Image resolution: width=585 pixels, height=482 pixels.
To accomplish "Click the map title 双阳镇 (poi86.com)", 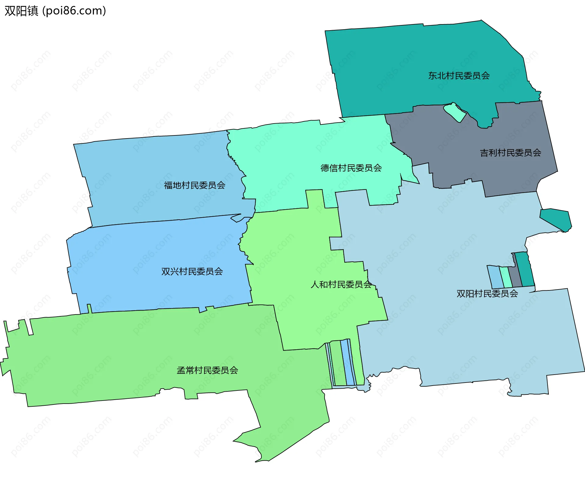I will click(55, 11).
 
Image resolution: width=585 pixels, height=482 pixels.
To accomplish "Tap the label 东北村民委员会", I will click(459, 76).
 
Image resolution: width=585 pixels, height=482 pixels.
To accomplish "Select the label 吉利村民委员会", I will click(510, 153).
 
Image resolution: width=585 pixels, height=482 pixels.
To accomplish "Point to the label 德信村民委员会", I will click(351, 168).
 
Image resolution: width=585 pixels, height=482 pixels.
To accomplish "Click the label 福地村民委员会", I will click(194, 185).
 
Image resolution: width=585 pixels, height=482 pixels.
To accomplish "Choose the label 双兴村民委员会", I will click(192, 271).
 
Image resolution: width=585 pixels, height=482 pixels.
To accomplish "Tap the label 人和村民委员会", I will click(341, 284).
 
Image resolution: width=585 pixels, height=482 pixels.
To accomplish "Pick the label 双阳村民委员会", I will click(487, 293).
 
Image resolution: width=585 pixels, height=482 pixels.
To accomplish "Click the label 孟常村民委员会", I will click(207, 370).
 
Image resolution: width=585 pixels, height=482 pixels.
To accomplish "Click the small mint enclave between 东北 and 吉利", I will click(455, 112).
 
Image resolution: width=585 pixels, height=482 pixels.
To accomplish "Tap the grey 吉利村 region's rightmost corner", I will click(558, 171).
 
